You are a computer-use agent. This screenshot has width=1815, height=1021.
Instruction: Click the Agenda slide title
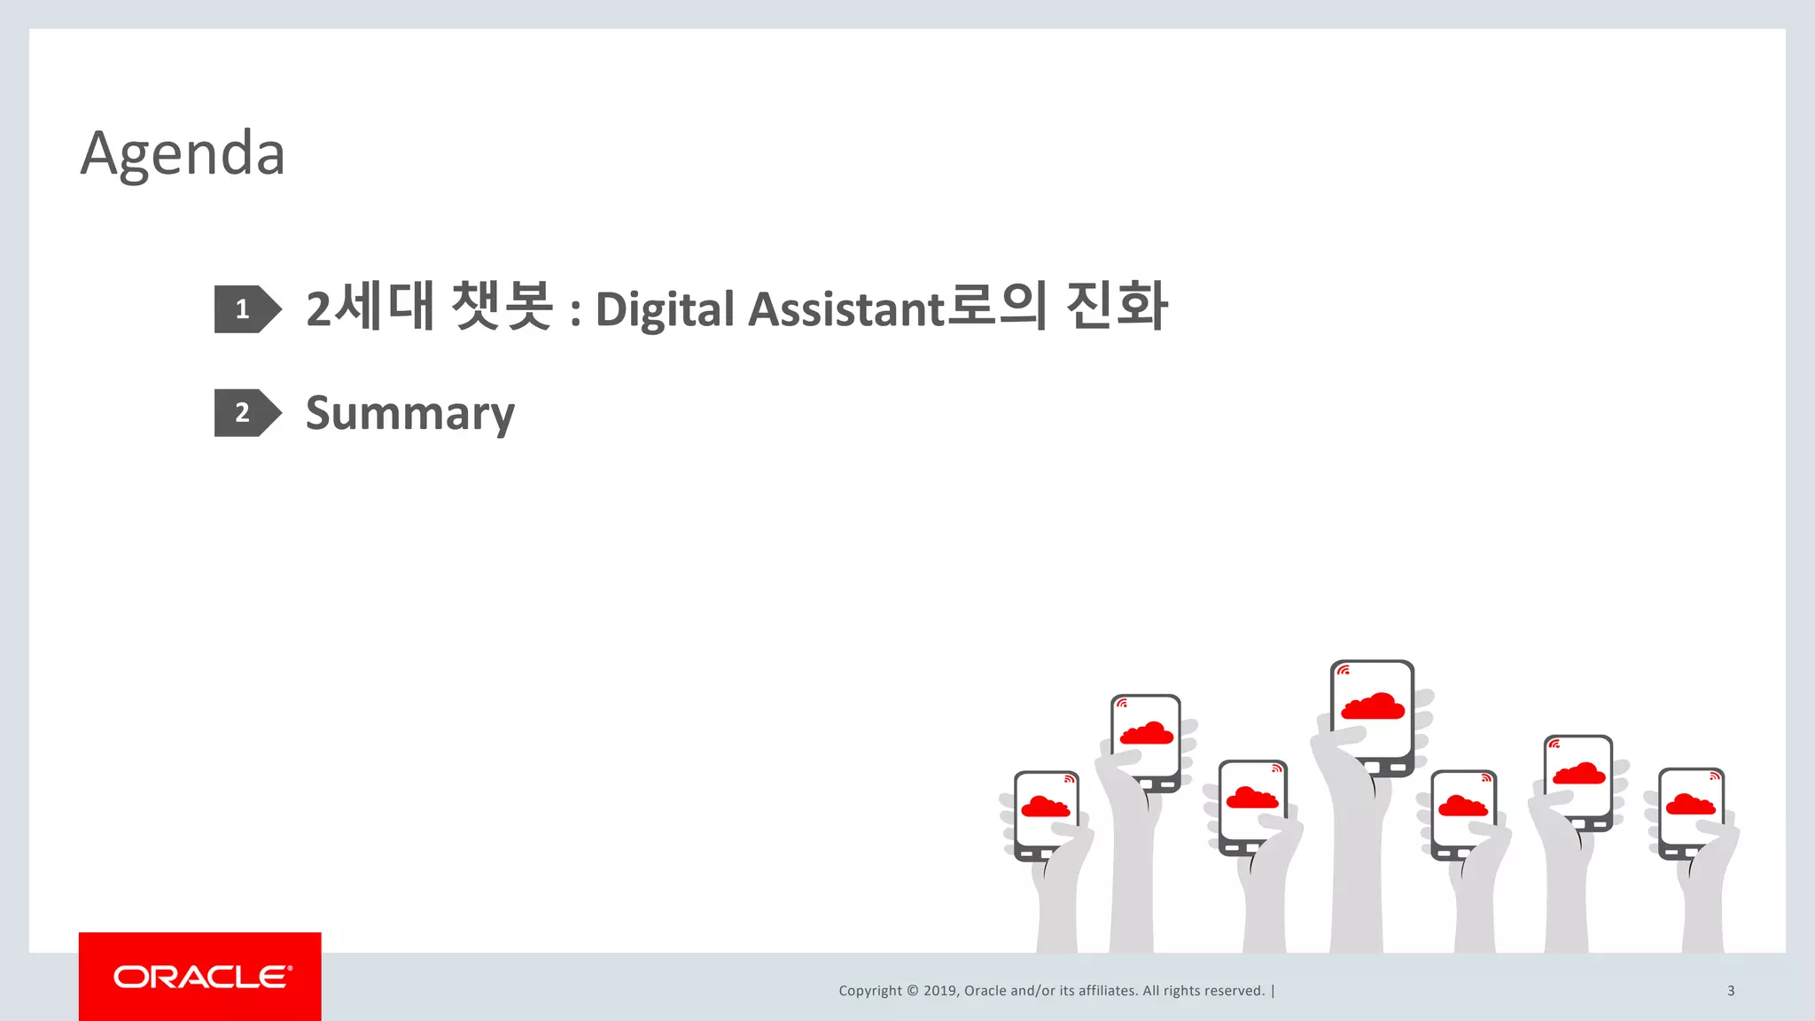[183, 154]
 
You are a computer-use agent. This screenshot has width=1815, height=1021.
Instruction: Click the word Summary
[409, 414]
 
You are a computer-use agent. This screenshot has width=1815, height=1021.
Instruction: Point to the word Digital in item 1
[665, 310]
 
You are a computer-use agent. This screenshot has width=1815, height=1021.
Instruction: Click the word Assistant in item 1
[846, 309]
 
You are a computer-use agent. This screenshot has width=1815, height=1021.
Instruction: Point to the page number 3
[1731, 991]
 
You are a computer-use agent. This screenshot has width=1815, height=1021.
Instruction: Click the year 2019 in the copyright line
[939, 991]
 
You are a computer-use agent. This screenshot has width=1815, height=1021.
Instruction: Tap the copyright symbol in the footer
[913, 991]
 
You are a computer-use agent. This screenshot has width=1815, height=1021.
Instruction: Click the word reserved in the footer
[1235, 991]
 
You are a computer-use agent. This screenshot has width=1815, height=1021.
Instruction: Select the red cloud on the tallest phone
[1373, 706]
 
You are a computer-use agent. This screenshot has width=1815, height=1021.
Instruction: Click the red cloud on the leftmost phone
[1046, 807]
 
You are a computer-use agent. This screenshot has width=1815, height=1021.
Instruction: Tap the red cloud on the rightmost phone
[1690, 805]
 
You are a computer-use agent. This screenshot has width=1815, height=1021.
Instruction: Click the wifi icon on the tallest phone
[1344, 671]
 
